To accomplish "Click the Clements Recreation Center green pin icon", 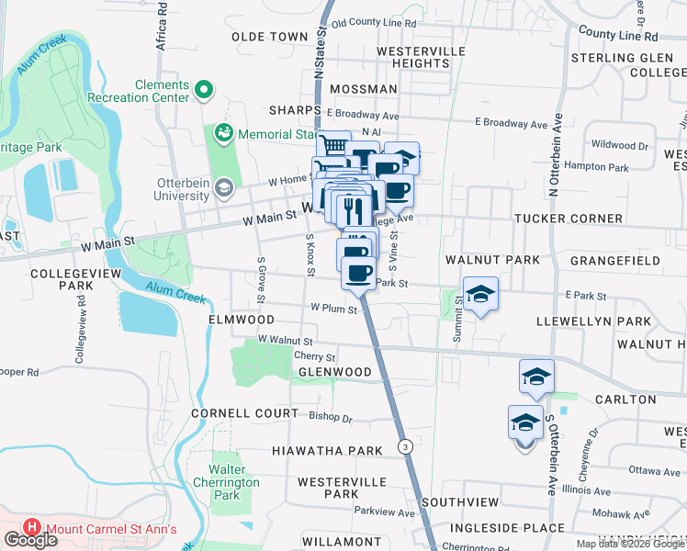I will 205,90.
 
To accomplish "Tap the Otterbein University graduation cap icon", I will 222,188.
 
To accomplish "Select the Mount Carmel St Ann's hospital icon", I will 32,528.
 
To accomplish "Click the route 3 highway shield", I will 404,446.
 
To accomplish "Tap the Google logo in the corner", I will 29,540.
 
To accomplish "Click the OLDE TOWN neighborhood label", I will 270,37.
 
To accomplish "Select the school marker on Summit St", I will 480,294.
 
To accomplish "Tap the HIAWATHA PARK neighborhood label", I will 326,451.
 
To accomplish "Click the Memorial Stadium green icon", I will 223,134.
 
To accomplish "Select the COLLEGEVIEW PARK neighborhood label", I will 62,280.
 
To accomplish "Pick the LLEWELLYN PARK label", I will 594,322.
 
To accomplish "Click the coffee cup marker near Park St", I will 358,273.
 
